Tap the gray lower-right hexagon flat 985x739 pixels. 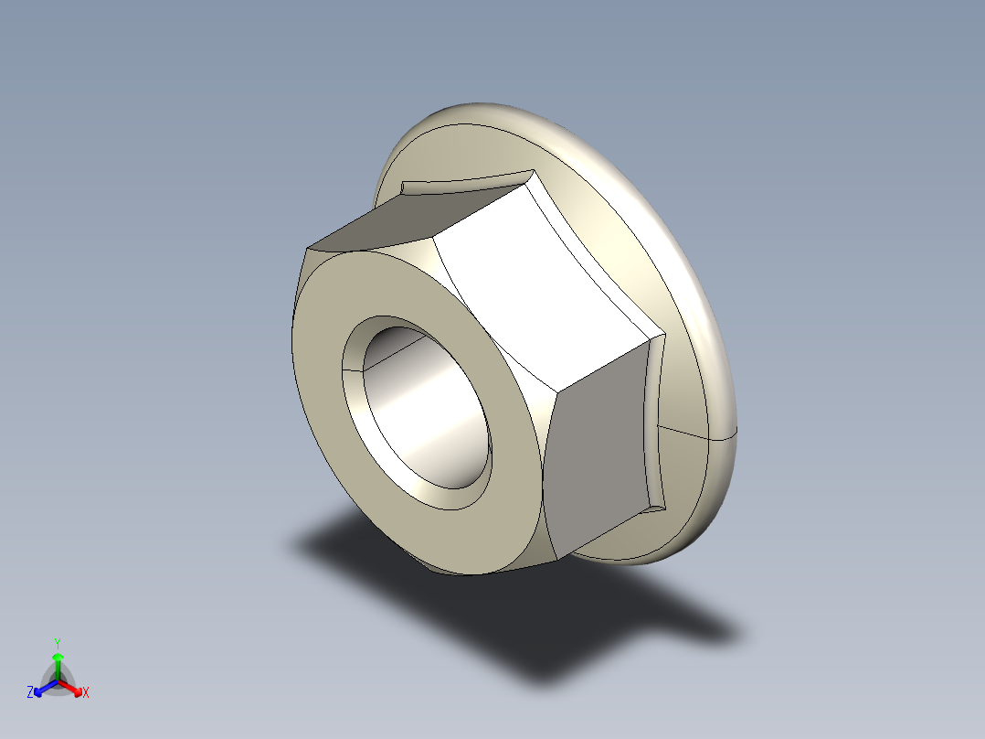click(598, 448)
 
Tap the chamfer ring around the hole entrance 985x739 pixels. click(352, 366)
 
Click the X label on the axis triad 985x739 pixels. click(86, 693)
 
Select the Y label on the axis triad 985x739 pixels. click(57, 643)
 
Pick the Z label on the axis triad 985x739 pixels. click(30, 693)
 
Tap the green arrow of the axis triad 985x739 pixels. click(58, 663)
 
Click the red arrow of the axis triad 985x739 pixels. click(72, 687)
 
